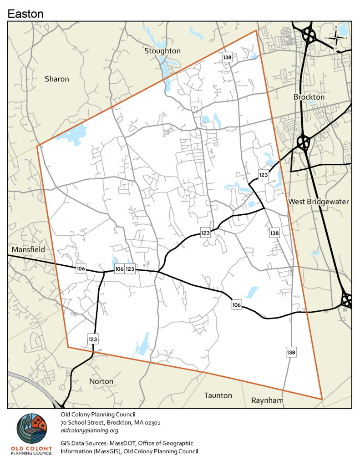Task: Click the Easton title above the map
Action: coord(25,14)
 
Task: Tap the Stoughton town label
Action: coord(162,51)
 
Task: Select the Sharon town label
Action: coord(57,79)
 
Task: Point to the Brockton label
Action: coord(309,97)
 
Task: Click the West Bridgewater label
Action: coord(318,202)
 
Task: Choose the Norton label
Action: coord(101,381)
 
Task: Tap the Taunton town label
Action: coord(218,395)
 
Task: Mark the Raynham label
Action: coord(267,400)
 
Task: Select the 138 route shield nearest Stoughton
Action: coord(228,57)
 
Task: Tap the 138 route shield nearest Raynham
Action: coord(291,352)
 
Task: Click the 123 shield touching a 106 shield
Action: coord(130,269)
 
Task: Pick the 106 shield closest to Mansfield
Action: coord(81,269)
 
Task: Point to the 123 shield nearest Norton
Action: coord(93,339)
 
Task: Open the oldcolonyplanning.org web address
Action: coord(89,431)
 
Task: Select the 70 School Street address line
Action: coord(111,422)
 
